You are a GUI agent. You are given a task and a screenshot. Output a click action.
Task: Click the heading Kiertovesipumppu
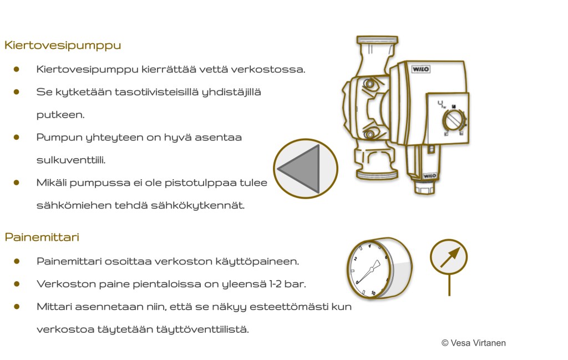(63, 46)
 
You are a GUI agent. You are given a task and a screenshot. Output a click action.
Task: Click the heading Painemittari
(42, 237)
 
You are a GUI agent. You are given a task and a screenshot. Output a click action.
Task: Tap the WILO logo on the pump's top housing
(420, 69)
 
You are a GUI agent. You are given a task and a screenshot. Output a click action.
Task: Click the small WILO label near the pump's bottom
(429, 176)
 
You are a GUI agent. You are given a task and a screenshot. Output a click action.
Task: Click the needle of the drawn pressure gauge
(369, 271)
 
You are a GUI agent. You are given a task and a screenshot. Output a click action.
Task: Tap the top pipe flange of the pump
(377, 40)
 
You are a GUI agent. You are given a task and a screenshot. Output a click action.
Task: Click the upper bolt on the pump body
(369, 84)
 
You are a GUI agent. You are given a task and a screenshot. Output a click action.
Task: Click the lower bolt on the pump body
(369, 134)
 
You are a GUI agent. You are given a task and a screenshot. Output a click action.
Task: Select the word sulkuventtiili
(71, 160)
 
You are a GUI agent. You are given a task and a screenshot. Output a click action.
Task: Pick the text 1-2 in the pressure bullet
(276, 284)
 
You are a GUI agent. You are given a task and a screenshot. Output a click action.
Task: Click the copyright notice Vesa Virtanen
(474, 343)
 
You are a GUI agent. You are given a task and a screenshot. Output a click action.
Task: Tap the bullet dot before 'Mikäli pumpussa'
(16, 182)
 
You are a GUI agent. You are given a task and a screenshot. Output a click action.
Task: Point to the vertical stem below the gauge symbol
(449, 285)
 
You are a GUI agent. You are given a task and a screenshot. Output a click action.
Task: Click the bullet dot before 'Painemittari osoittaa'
(16, 261)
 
